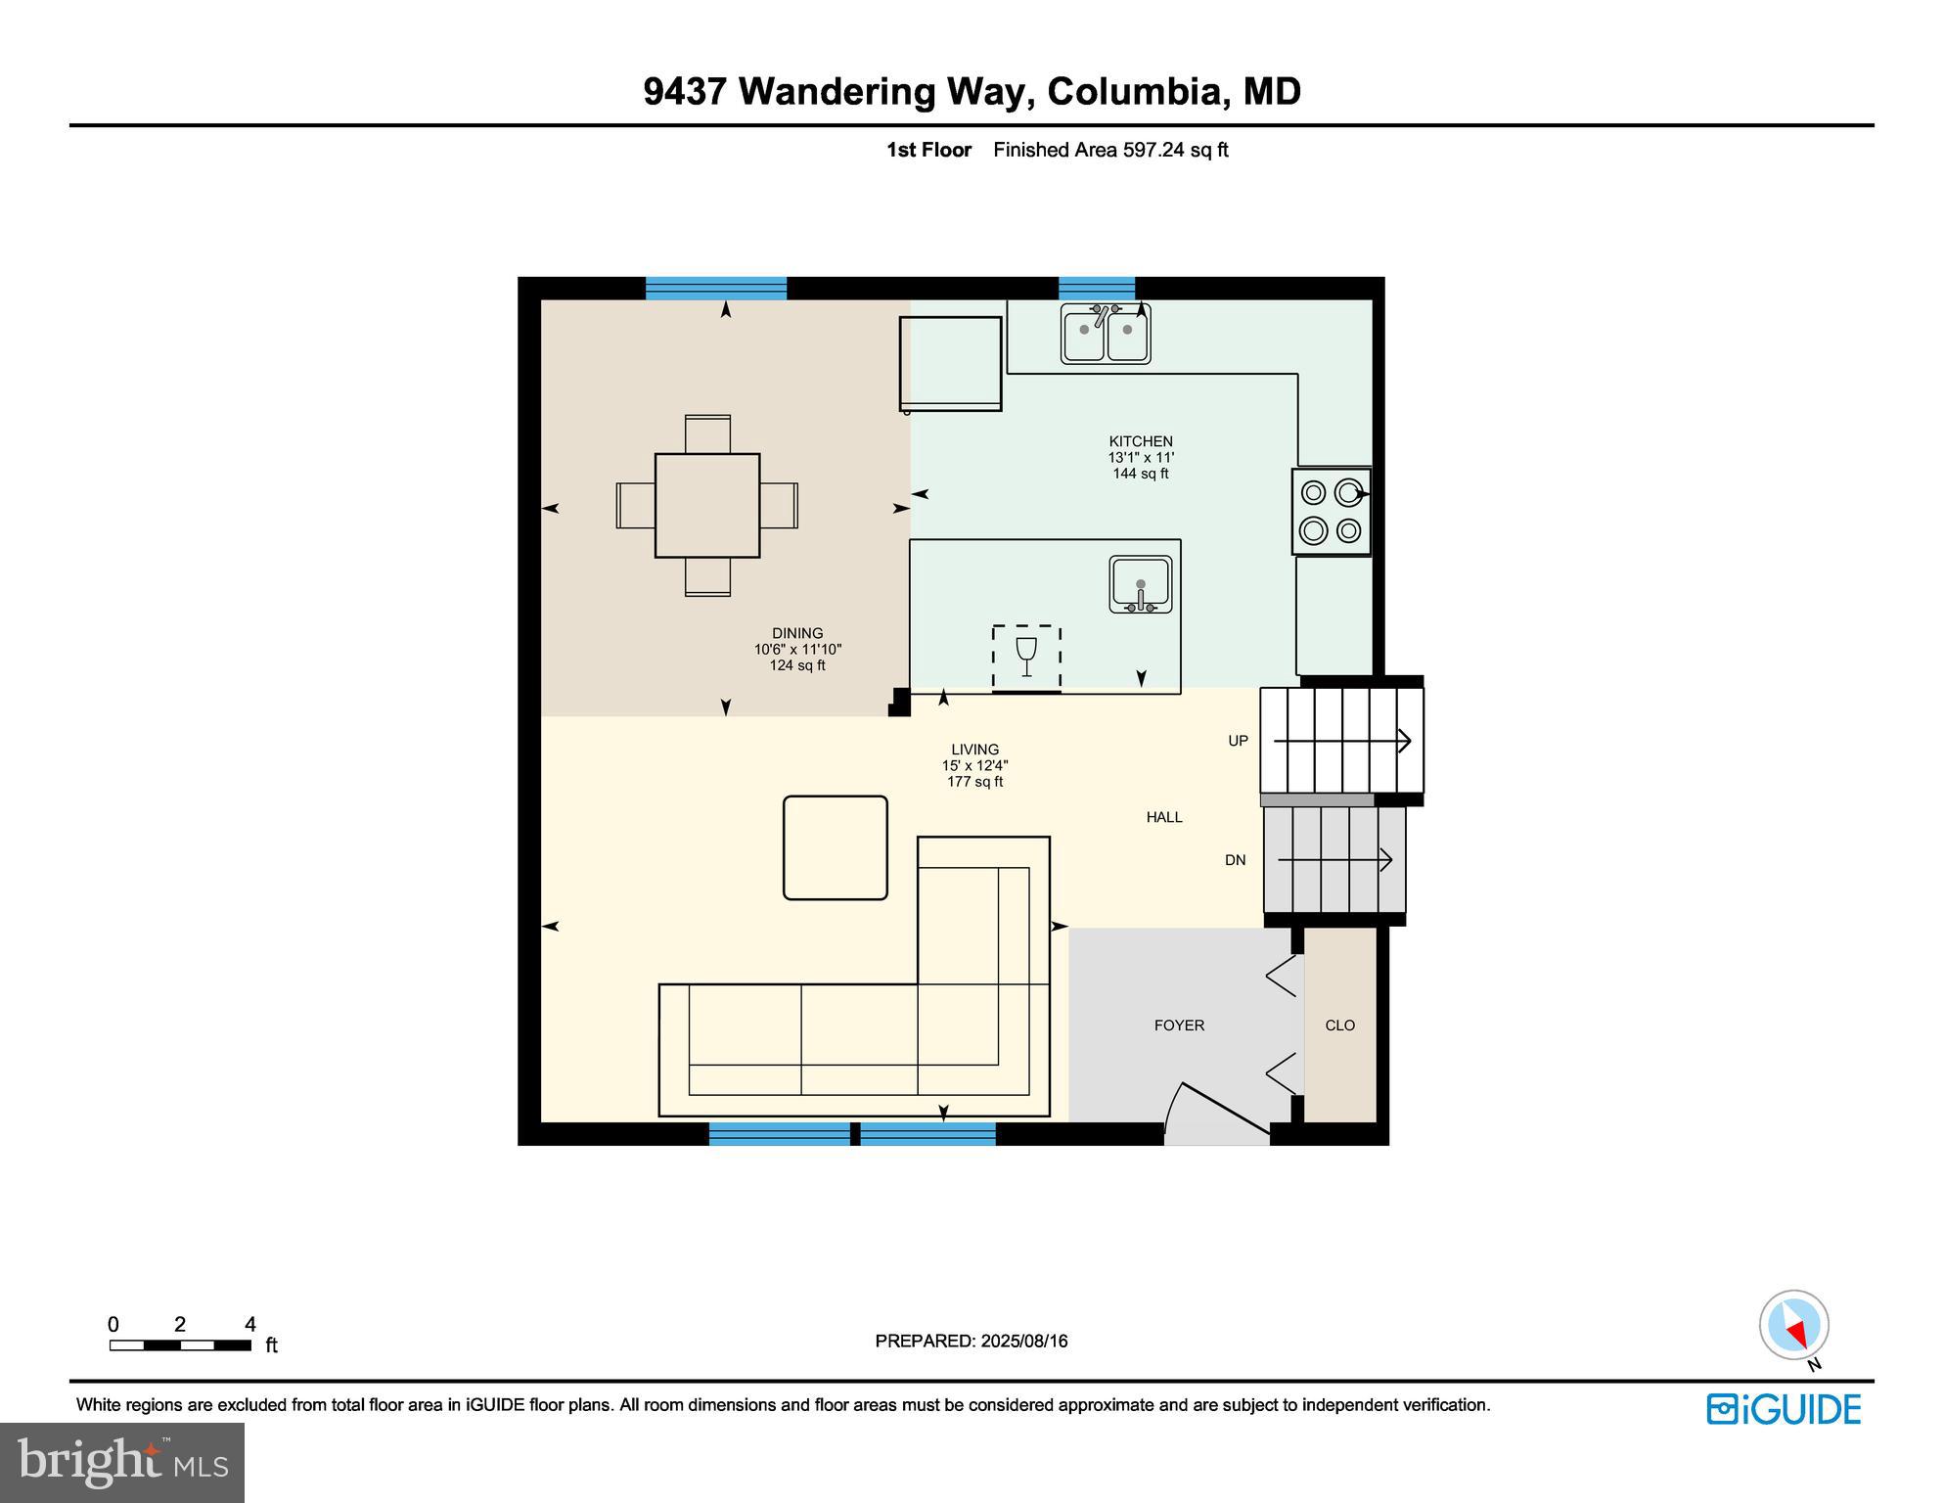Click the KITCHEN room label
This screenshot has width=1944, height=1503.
point(1140,442)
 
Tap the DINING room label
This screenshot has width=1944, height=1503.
point(797,634)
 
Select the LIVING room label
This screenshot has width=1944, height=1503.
point(974,751)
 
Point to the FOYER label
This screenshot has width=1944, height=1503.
point(1179,1025)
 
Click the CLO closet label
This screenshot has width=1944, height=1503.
point(1339,1025)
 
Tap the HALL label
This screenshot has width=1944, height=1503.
point(1164,817)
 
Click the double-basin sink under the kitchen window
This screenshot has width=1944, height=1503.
point(1106,335)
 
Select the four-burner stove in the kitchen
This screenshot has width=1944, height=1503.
point(1331,512)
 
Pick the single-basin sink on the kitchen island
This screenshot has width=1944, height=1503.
point(1140,585)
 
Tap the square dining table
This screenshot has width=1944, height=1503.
point(707,506)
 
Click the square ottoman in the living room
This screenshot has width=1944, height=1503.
point(835,847)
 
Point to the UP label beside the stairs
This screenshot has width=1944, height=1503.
point(1239,742)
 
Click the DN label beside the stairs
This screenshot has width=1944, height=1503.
point(1236,861)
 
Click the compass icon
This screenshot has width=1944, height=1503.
point(1793,1326)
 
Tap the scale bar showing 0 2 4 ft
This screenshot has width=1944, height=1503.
point(180,1344)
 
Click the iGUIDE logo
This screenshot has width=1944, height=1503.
point(1784,1409)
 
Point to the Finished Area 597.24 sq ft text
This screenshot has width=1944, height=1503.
point(1110,151)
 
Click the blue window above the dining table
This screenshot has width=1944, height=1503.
point(716,288)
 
